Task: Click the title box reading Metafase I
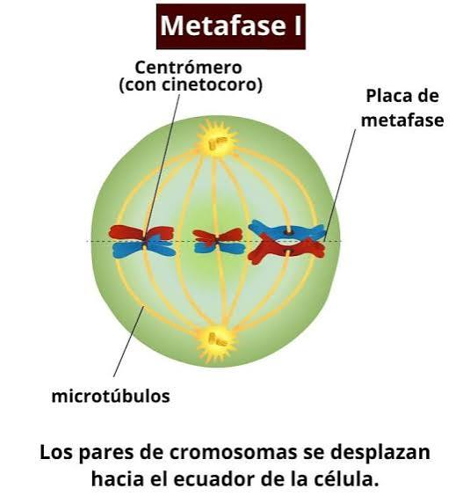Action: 231,26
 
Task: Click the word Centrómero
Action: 188,68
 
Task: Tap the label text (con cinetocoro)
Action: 191,85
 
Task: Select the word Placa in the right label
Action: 388,96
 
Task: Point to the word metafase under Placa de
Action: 402,120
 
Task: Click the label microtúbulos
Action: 111,397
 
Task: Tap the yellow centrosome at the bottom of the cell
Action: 217,342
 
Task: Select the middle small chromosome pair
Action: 219,241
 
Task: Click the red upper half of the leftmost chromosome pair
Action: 141,232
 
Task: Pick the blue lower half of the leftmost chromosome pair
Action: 144,249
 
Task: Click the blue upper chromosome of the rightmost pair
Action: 286,230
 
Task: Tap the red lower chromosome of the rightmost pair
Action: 286,249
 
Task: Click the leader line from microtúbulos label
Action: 129,341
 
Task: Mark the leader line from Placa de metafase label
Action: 340,185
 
